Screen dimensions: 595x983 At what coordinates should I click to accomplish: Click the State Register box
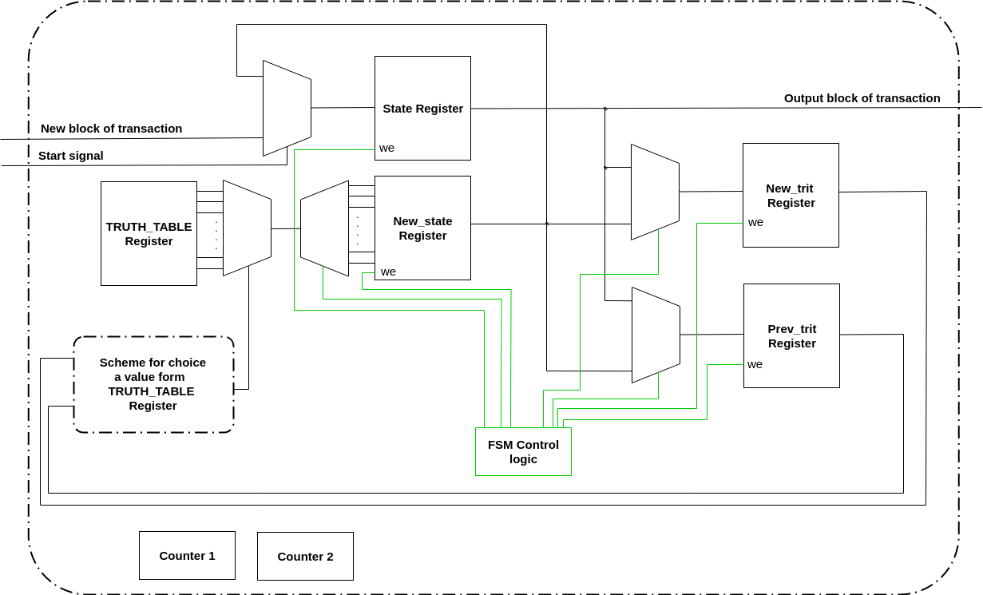coord(422,108)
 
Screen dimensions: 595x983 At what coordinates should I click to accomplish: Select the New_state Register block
coord(422,228)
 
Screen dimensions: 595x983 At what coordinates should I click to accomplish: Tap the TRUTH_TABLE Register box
coord(149,233)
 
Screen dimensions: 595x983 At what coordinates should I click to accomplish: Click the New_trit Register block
coord(791,195)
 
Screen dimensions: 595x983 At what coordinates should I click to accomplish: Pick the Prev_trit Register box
coord(791,335)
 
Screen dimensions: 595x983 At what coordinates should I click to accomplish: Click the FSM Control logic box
coord(523,451)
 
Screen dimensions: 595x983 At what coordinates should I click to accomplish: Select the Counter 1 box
coord(187,555)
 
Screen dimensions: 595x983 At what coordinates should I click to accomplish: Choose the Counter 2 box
coord(305,556)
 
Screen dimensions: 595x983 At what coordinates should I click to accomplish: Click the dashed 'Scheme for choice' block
coord(153,384)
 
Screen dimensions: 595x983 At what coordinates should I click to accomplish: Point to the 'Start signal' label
coord(71,156)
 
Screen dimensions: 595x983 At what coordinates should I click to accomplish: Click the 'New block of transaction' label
coord(111,129)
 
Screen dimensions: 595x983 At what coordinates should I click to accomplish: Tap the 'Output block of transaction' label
coord(862,98)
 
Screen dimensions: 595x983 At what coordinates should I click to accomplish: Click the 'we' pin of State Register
coord(386,148)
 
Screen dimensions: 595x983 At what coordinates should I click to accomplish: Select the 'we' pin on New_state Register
coord(388,272)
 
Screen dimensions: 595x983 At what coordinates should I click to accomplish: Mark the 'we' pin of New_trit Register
coord(755,222)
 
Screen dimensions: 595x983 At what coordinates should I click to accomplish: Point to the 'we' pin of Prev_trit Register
coord(755,364)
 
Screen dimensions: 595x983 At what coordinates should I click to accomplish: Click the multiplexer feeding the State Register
coord(287,108)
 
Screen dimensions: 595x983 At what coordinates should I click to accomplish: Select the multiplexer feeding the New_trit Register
coord(655,192)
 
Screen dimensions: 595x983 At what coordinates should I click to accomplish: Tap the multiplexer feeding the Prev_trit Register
coord(656,335)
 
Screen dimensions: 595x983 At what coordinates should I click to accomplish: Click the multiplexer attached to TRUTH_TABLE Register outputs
coord(247,228)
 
